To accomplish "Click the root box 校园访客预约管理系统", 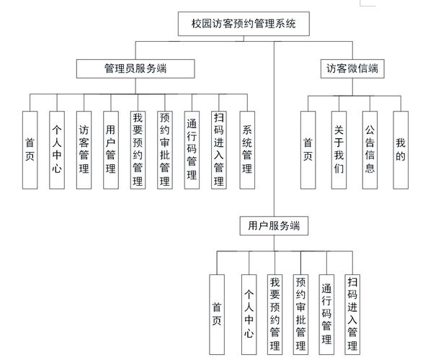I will [x=245, y=24].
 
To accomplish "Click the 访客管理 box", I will [x=84, y=150].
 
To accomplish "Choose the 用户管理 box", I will [x=111, y=150].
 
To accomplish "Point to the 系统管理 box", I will [x=247, y=150].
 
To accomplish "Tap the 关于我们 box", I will [x=339, y=150].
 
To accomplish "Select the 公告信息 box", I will [x=370, y=150].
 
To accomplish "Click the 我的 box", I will [x=401, y=150].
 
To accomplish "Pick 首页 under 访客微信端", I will [x=308, y=150].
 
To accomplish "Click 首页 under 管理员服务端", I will [x=30, y=150].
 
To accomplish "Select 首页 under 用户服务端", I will [x=216, y=314].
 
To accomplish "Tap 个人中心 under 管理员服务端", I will [x=57, y=150].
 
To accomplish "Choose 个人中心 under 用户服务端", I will [x=249, y=314].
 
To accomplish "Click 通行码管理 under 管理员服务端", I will [x=192, y=150].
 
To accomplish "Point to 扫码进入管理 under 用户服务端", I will [x=352, y=314].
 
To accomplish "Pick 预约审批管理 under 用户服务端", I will [x=301, y=314].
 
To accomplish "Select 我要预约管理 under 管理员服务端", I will [x=138, y=150].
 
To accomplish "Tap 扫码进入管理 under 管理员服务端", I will [x=219, y=150].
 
